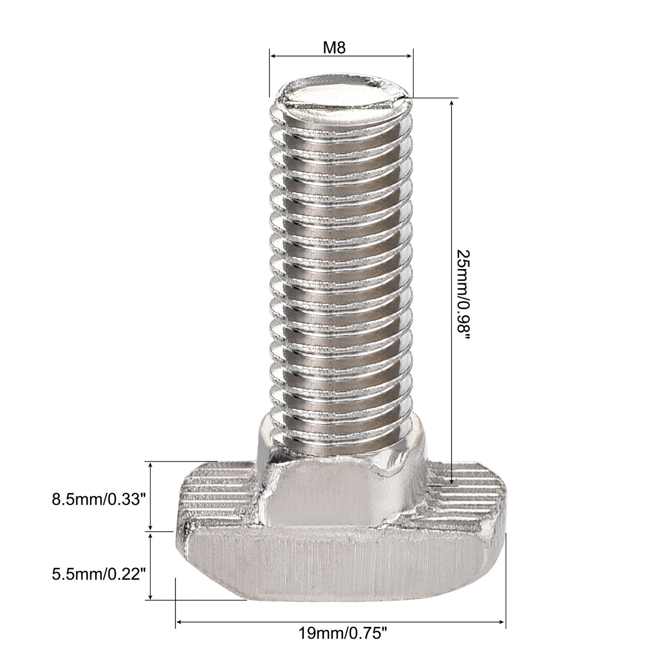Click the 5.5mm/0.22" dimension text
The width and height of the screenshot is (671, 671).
click(x=98, y=573)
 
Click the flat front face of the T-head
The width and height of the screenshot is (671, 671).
click(x=335, y=566)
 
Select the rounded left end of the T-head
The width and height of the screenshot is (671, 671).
click(x=185, y=537)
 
